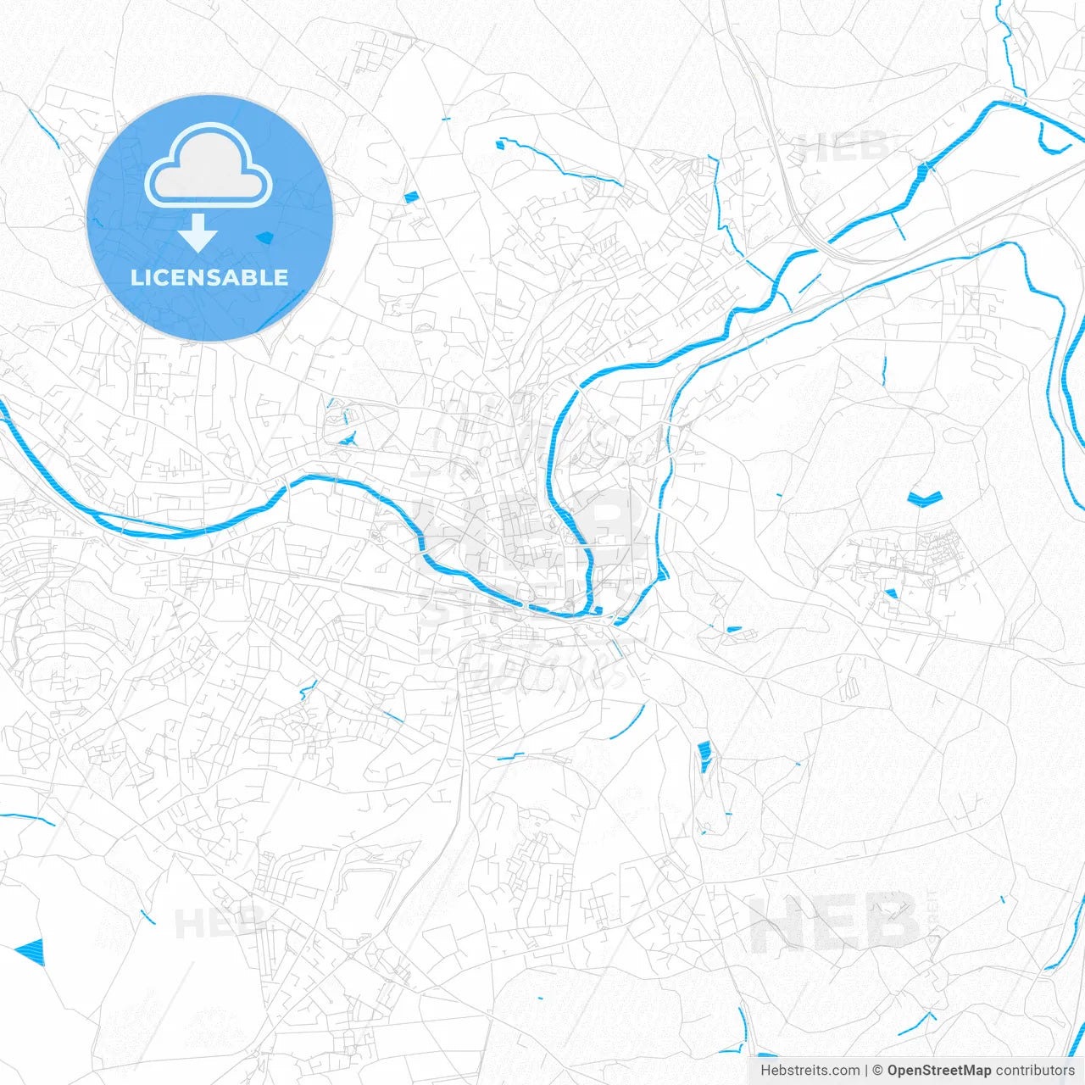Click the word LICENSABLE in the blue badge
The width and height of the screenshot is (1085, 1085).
coord(209,278)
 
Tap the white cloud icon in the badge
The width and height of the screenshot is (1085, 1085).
coord(209,166)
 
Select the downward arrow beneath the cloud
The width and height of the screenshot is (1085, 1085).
coord(198,232)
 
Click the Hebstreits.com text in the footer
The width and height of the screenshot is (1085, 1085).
coord(810,1071)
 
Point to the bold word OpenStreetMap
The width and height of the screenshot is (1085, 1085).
coord(938,1071)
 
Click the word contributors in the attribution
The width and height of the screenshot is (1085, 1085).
coord(1035,1071)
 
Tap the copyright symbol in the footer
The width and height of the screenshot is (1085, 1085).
coord(877,1071)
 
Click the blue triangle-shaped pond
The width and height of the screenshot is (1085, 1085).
coord(31,951)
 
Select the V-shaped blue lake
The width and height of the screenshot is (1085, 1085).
coord(924,498)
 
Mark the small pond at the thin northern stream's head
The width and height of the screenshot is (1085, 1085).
coord(500,144)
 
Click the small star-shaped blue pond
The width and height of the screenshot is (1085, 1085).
coord(347,439)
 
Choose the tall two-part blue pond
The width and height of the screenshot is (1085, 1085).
coord(704,756)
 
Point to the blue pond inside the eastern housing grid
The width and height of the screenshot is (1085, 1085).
coord(890,593)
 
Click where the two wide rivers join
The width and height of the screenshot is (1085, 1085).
coord(593,609)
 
